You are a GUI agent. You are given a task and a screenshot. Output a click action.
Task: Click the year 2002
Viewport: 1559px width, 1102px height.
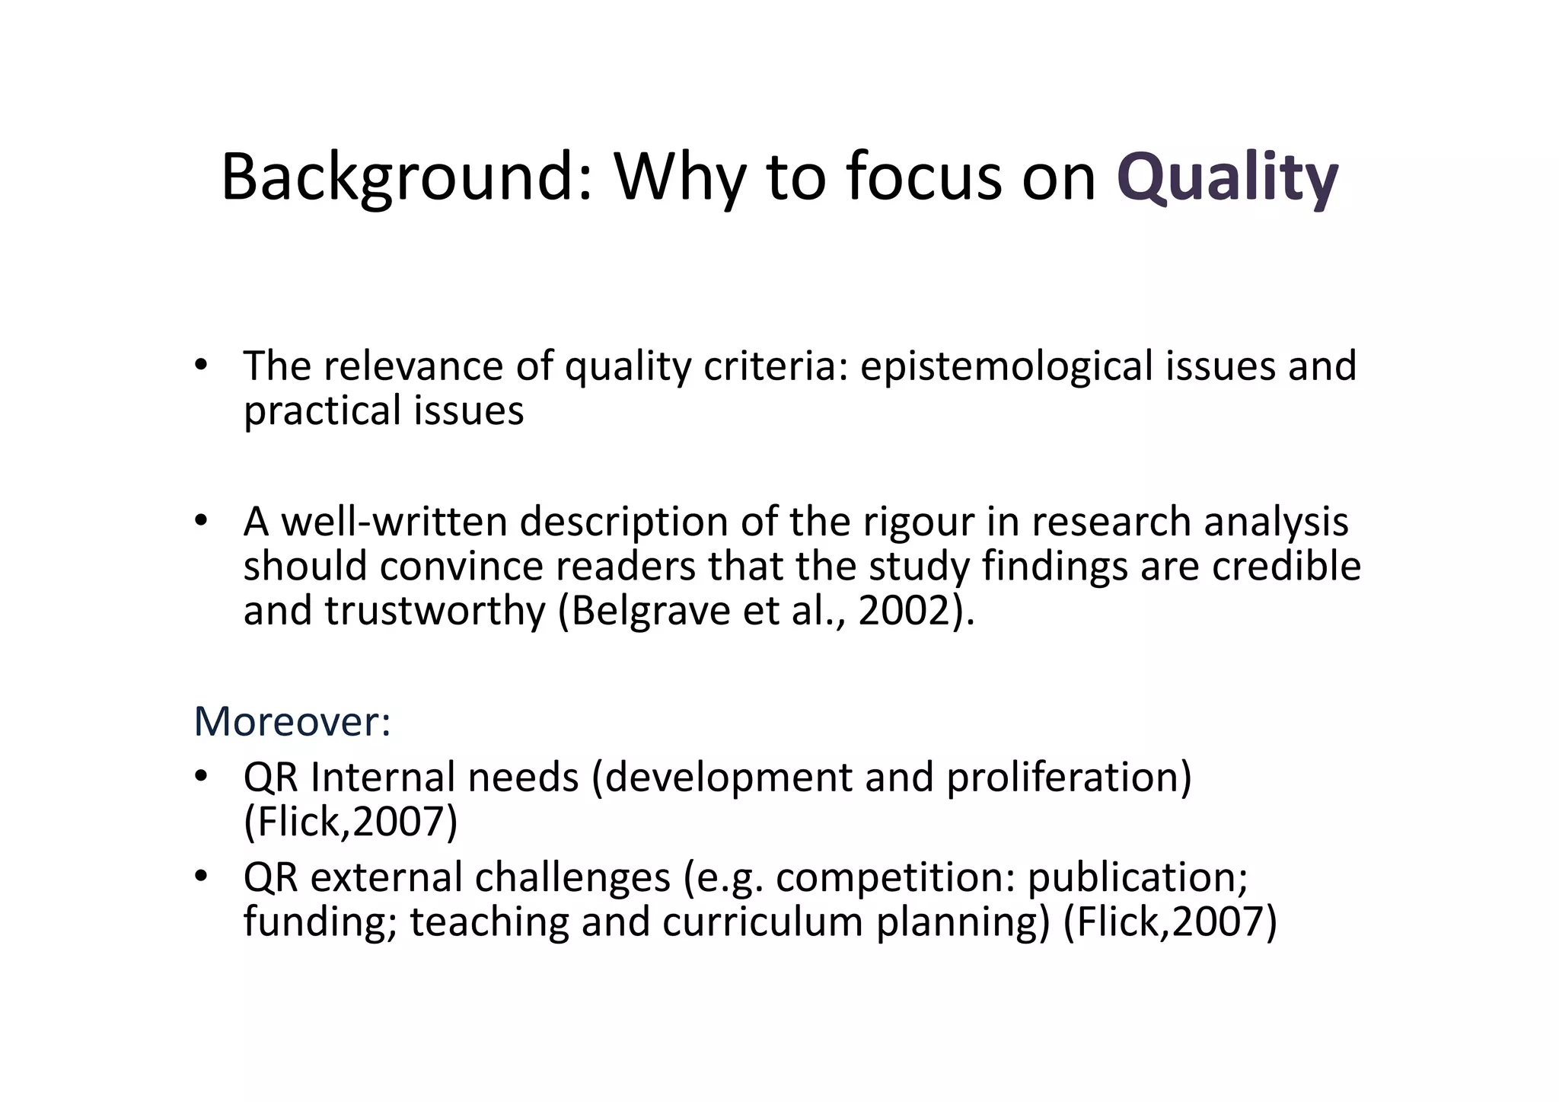tap(905, 611)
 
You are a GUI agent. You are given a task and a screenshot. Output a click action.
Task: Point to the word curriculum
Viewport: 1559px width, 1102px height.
tap(763, 922)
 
